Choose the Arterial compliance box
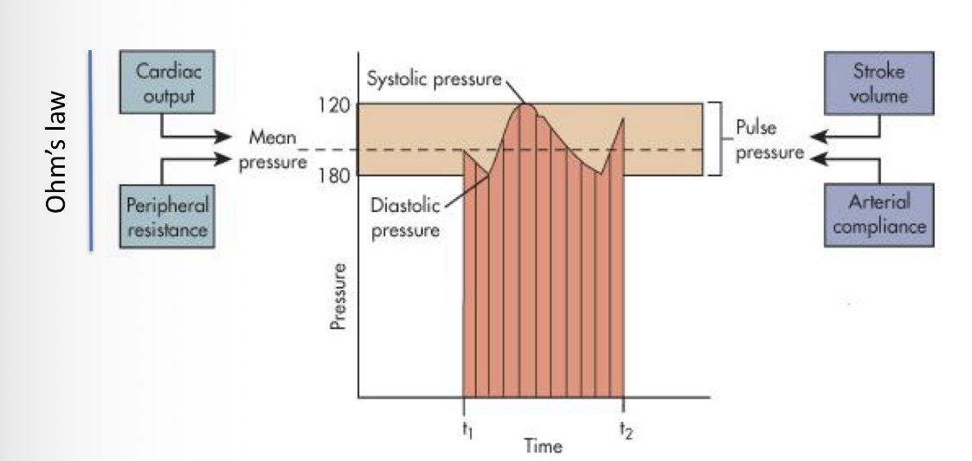(x=878, y=214)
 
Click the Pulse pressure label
(x=757, y=140)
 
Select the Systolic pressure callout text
(x=434, y=80)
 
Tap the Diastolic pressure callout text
(x=404, y=218)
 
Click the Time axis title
(x=543, y=446)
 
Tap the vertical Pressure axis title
(x=340, y=296)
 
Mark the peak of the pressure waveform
(x=525, y=105)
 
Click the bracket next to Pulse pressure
(x=717, y=139)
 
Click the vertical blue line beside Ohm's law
(x=91, y=150)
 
